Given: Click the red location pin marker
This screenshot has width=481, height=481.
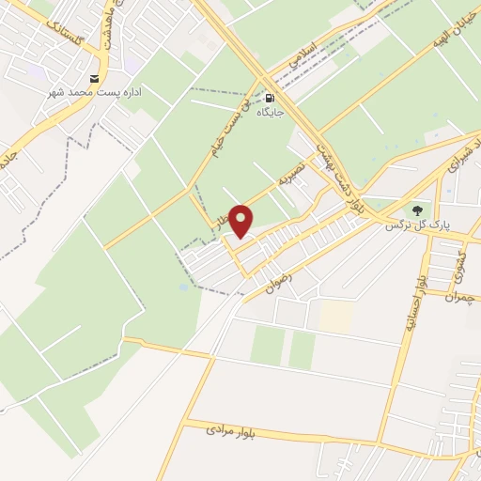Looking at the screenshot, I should pos(241,220).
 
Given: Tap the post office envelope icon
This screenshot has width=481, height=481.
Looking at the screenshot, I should pos(94,79).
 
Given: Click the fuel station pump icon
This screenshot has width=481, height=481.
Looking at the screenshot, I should pos(271,97).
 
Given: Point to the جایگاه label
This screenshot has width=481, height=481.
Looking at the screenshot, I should pos(271,113).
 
